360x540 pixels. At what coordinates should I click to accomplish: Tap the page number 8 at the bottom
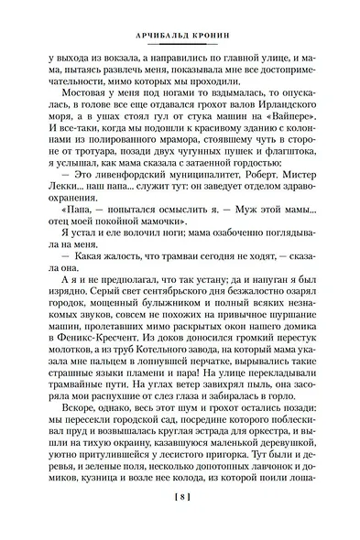[180, 523]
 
